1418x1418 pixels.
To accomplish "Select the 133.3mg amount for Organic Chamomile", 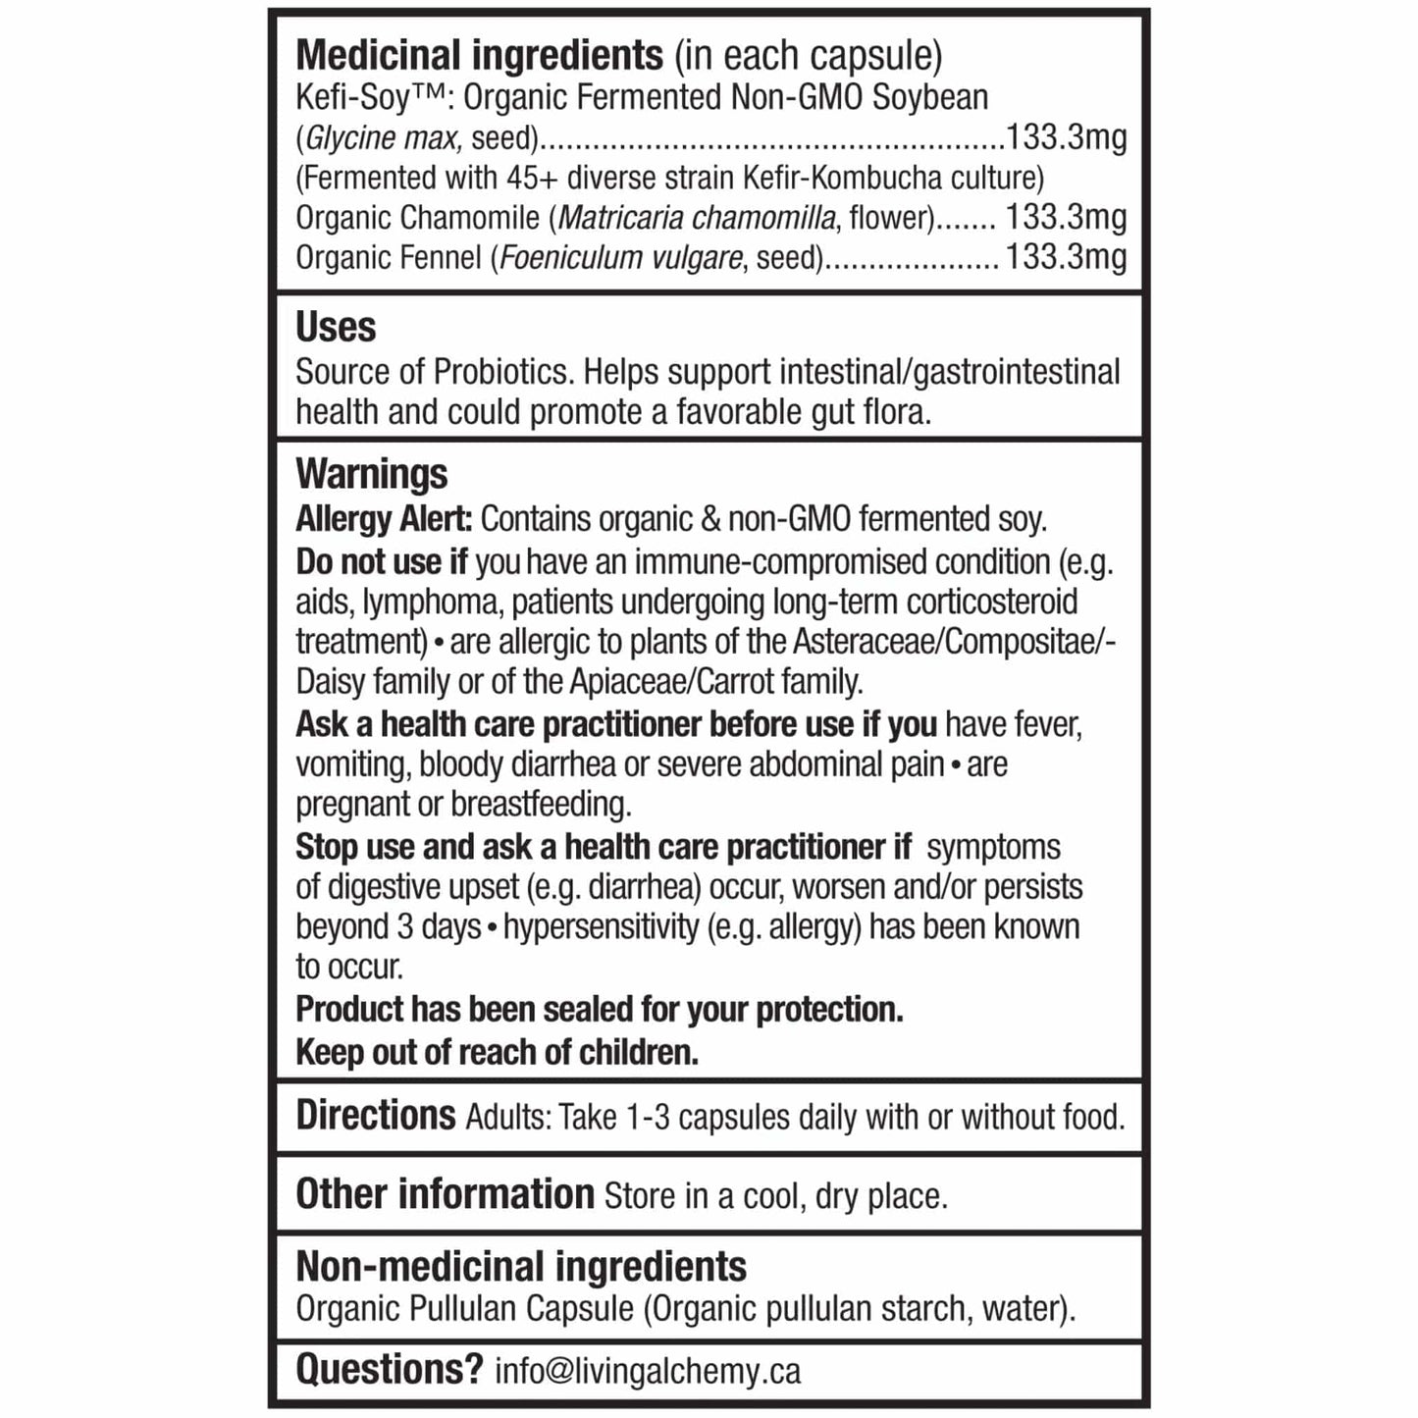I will pyautogui.click(x=1066, y=217).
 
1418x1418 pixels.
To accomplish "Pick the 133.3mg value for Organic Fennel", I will pyautogui.click(x=1066, y=257).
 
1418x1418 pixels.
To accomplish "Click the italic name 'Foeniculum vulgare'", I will pyautogui.click(x=621, y=257).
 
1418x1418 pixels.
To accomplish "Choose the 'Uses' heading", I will pyautogui.click(x=336, y=327).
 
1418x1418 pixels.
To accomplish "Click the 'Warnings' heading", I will pyautogui.click(x=371, y=474).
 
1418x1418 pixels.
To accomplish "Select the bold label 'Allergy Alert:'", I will pyautogui.click(x=384, y=518).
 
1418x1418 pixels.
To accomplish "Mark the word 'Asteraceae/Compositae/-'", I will pyautogui.click(x=954, y=642).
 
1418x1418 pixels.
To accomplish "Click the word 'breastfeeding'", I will pyautogui.click(x=541, y=804).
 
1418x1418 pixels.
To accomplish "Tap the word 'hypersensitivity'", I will pyautogui.click(x=601, y=926).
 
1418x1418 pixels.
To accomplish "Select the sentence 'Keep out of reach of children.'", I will pyautogui.click(x=497, y=1052).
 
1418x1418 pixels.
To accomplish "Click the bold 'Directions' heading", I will pyautogui.click(x=376, y=1116).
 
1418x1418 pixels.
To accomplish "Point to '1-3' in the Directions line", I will pyautogui.click(x=648, y=1117).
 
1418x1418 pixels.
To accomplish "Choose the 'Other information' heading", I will pyautogui.click(x=445, y=1194).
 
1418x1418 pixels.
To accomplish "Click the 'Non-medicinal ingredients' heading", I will pyautogui.click(x=521, y=1266).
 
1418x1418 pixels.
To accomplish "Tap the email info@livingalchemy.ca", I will pyautogui.click(x=648, y=1371).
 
